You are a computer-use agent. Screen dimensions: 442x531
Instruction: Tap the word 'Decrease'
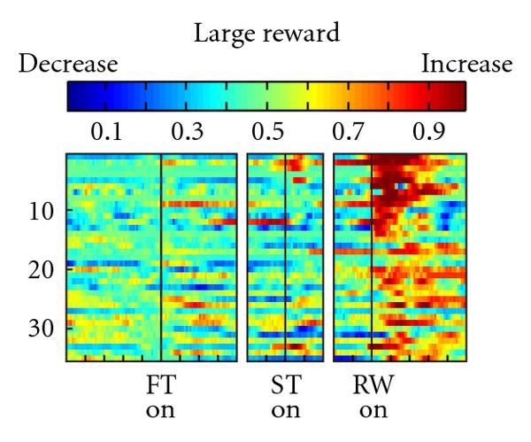point(68,65)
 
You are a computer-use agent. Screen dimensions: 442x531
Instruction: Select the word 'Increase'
point(466,65)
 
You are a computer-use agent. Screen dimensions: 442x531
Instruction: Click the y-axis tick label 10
point(42,212)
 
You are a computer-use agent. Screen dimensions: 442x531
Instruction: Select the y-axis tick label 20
point(42,269)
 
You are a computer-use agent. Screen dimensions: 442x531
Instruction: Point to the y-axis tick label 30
point(42,327)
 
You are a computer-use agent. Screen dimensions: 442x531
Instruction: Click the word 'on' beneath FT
point(160,411)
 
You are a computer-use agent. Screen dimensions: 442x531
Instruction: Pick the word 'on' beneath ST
point(285,411)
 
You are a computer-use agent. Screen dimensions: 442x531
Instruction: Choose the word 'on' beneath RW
point(373,411)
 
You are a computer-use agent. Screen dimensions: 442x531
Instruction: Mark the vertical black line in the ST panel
point(286,257)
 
